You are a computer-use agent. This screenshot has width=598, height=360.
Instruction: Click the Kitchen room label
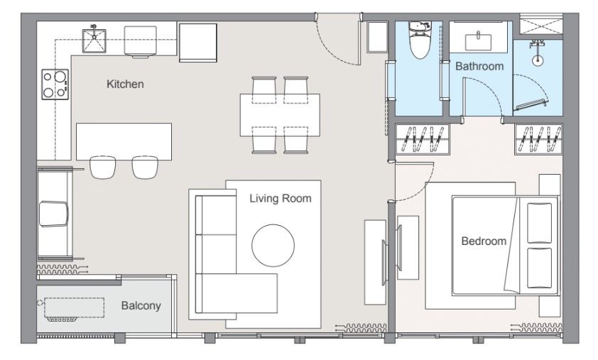125,84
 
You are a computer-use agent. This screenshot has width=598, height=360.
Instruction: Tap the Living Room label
281,198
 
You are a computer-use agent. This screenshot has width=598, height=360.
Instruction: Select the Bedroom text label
484,241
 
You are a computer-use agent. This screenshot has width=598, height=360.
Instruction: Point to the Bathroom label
479,66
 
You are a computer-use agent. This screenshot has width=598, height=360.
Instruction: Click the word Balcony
141,305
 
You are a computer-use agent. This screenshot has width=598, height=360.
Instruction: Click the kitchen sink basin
94,40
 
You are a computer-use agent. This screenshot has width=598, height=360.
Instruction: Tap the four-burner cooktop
55,84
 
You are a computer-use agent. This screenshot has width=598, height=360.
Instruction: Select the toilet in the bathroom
420,40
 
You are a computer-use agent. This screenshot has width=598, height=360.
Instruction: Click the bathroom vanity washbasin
478,42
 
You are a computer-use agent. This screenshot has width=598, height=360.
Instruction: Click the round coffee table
273,245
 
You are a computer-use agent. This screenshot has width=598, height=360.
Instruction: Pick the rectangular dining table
280,115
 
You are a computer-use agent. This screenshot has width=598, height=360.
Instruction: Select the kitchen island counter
124,141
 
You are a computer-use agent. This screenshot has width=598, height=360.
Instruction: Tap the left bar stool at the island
102,167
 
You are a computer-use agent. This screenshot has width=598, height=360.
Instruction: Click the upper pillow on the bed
539,223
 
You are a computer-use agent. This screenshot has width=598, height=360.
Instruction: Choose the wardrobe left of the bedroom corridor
423,140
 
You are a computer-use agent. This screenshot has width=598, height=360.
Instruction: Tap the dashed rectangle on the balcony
75,307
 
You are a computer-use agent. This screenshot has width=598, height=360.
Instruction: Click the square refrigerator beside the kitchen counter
198,43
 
